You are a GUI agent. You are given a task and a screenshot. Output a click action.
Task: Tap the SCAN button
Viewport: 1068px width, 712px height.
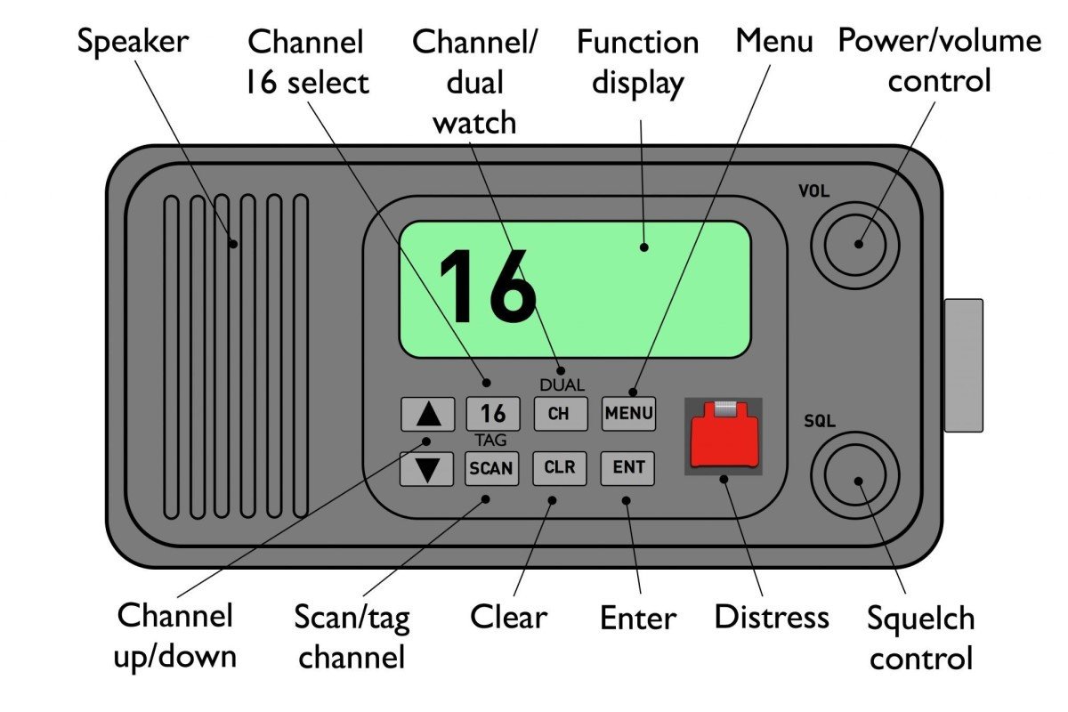pos(491,468)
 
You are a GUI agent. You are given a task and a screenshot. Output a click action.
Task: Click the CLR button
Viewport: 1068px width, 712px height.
pos(560,468)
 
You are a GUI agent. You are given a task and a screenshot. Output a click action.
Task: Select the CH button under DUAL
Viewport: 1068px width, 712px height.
pos(560,414)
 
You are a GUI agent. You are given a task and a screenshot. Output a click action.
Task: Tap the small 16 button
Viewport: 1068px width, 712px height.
pos(492,414)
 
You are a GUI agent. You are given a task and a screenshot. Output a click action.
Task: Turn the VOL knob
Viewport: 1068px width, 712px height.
pos(857,243)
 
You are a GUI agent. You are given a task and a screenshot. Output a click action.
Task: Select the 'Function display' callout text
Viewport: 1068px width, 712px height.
pos(637,62)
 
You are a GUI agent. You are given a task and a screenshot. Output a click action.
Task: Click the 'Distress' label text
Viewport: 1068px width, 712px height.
pos(771,617)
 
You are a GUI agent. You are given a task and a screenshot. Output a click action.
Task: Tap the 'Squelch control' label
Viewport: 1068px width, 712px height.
pos(921,638)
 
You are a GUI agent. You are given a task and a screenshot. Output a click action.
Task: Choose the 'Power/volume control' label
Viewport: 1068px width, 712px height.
pos(939,61)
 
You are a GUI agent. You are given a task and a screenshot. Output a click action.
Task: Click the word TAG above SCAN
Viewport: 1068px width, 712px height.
pos(490,441)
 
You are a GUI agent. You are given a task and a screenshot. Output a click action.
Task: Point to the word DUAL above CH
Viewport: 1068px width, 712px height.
pos(562,385)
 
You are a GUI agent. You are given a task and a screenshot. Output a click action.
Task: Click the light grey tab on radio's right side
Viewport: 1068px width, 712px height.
pos(963,365)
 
